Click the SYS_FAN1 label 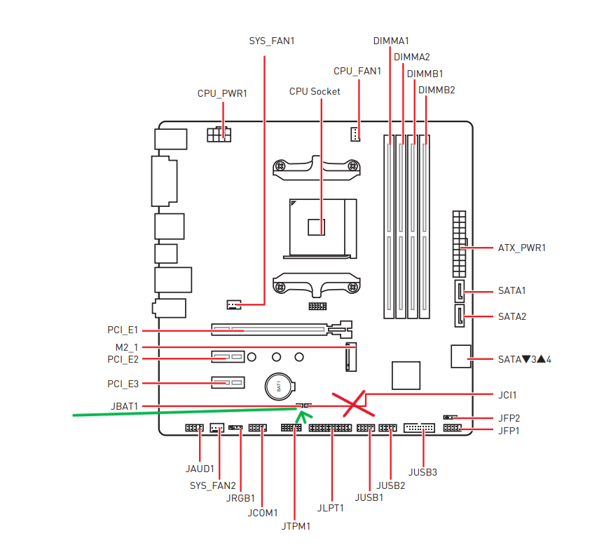272,41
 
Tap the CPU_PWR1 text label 222,93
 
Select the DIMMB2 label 437,90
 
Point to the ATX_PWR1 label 522,248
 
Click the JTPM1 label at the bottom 296,526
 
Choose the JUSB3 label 423,472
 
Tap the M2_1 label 127,347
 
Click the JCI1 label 507,395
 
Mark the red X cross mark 353,403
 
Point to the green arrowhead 303,417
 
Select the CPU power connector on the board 219,135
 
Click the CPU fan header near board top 355,134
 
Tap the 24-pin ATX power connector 460,244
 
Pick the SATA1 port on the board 460,291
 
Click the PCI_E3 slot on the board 228,382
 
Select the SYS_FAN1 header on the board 234,304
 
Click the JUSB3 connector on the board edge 419,428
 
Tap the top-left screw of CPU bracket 280,166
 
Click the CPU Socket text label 315,92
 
